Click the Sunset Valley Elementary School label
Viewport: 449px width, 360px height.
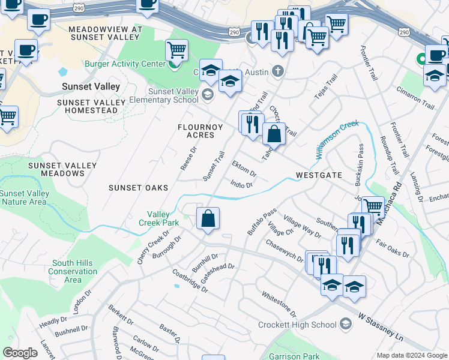coord(173,95)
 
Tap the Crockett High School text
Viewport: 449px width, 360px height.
coord(297,325)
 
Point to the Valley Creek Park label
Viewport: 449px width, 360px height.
coord(163,218)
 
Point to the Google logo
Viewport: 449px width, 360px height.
coord(20,353)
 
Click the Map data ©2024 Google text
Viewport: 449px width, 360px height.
coord(411,355)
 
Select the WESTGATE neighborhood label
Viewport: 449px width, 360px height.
coord(319,175)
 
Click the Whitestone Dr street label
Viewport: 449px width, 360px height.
coord(279,304)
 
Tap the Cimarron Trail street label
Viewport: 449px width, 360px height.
coord(415,97)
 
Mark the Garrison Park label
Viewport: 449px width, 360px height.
coord(294,356)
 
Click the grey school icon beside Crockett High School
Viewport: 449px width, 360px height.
coord(345,325)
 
